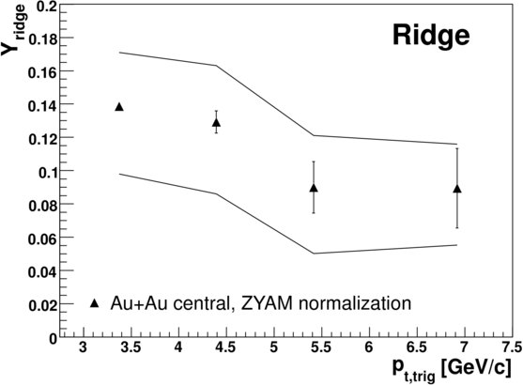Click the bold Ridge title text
[431, 36]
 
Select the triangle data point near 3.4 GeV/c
[119, 107]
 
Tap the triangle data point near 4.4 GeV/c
[216, 123]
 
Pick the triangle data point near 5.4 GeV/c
[314, 188]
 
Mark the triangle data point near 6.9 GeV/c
[457, 189]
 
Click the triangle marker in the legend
[95, 303]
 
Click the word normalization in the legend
[355, 303]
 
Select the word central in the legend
[192, 304]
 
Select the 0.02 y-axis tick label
[41, 305]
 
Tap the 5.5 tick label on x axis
[321, 347]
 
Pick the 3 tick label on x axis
[83, 347]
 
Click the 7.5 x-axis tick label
[513, 347]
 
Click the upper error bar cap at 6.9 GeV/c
[457, 148]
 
